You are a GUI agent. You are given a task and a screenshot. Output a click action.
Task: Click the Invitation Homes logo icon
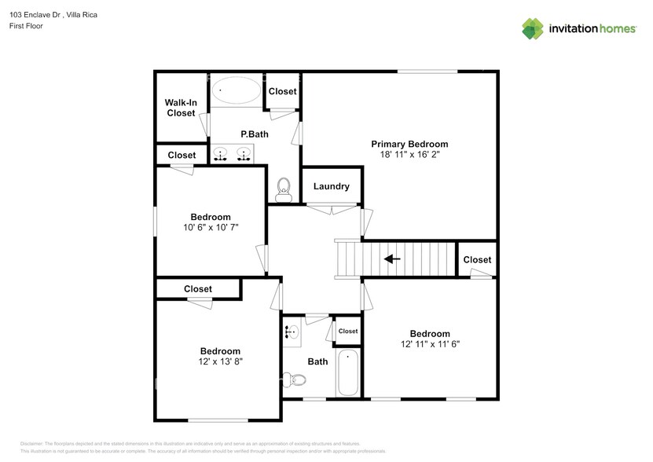(533, 28)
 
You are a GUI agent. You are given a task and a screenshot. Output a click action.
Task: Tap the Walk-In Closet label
(180, 108)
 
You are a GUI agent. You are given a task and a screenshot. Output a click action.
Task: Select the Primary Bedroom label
(409, 144)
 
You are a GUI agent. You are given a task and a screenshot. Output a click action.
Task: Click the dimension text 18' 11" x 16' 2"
(409, 156)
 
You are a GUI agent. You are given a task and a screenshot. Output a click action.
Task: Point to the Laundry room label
(331, 186)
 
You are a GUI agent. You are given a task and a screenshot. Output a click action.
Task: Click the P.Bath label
(255, 134)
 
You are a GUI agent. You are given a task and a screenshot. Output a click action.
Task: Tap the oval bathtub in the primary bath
(236, 90)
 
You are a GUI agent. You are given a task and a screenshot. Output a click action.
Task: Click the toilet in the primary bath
(284, 188)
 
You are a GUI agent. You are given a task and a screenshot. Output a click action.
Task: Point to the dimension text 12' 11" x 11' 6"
(430, 344)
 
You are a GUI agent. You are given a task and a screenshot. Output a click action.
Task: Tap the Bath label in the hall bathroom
(317, 362)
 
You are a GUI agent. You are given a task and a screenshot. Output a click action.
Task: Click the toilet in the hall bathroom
(295, 379)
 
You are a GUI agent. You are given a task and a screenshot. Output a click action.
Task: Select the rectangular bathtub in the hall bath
(348, 372)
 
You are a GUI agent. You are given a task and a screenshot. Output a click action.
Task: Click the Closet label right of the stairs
(477, 259)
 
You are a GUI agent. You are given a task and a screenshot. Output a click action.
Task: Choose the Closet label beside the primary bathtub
(282, 91)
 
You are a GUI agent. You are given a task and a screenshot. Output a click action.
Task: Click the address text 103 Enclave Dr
(37, 14)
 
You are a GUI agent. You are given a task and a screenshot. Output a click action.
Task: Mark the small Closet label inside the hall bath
(347, 332)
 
